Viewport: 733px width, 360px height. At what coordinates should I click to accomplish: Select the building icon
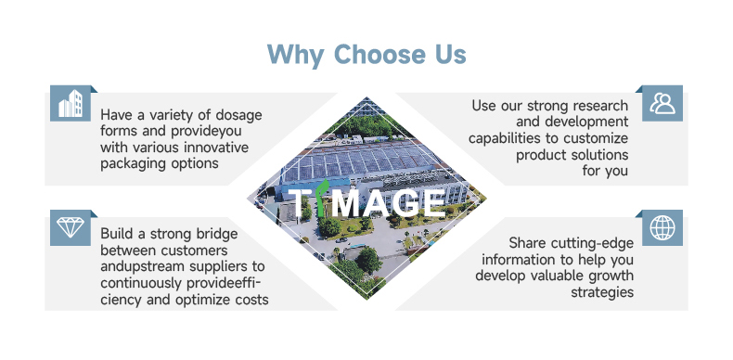coord(71,104)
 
